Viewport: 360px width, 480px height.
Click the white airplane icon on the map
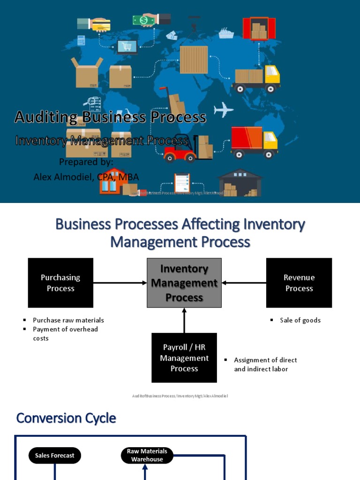coord(224,111)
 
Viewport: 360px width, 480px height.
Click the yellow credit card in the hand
coord(100,24)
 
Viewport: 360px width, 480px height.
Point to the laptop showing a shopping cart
coord(127,47)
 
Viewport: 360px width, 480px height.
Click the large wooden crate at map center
coord(194,60)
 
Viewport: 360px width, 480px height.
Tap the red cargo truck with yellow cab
coord(254,142)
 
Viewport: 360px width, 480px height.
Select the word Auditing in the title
coord(45,117)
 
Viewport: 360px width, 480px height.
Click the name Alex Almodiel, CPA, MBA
coord(86,177)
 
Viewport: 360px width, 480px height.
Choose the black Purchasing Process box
coord(60,283)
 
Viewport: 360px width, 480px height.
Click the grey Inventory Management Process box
coord(184,283)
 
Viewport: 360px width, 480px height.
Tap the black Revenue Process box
coord(299,283)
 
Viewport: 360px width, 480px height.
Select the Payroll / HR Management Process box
coord(184,358)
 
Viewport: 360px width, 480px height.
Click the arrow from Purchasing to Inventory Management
coord(120,283)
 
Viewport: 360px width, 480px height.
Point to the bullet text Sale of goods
coord(300,320)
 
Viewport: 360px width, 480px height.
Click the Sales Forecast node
coord(55,455)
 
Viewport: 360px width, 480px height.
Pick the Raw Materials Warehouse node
coord(147,455)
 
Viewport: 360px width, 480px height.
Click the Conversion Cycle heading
coord(66,418)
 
